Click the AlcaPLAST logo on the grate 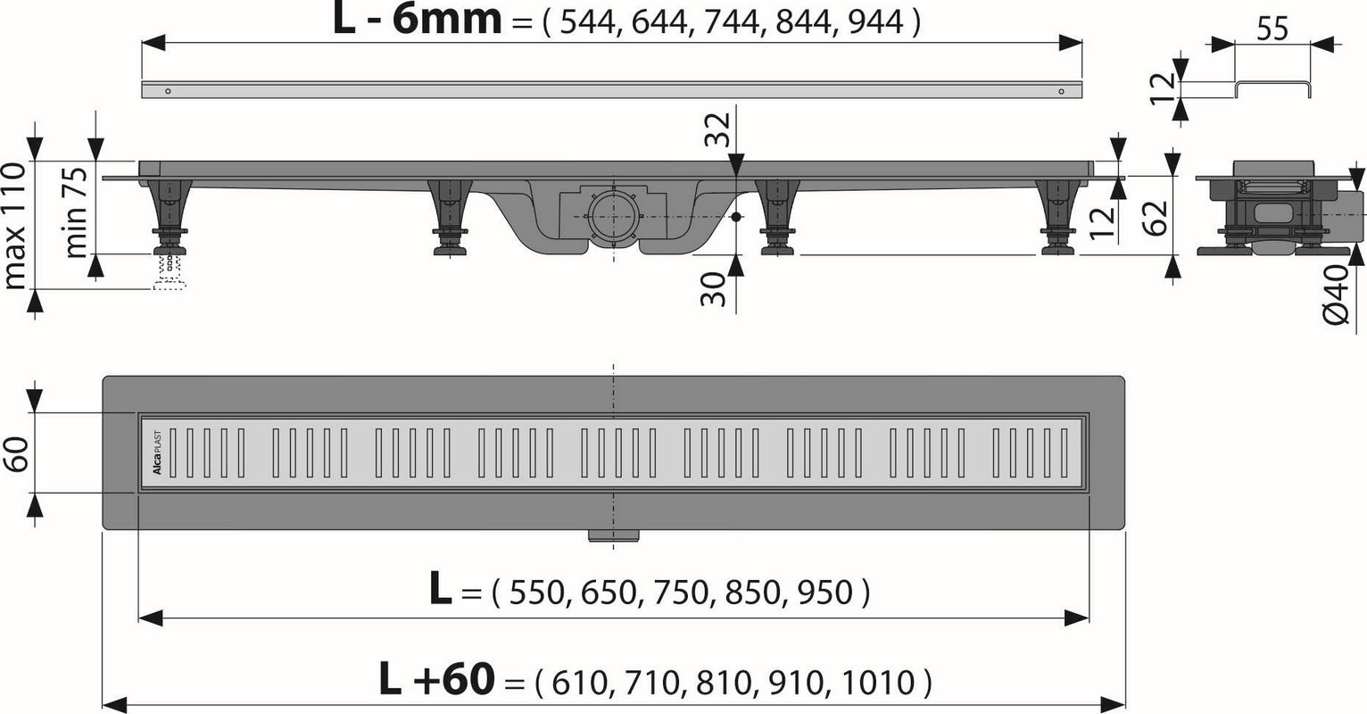157,452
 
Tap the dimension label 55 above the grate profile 1272,29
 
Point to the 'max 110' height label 14,226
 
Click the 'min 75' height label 76,212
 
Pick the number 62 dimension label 1155,217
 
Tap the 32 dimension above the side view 717,129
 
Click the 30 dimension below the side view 713,289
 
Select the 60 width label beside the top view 18,454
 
